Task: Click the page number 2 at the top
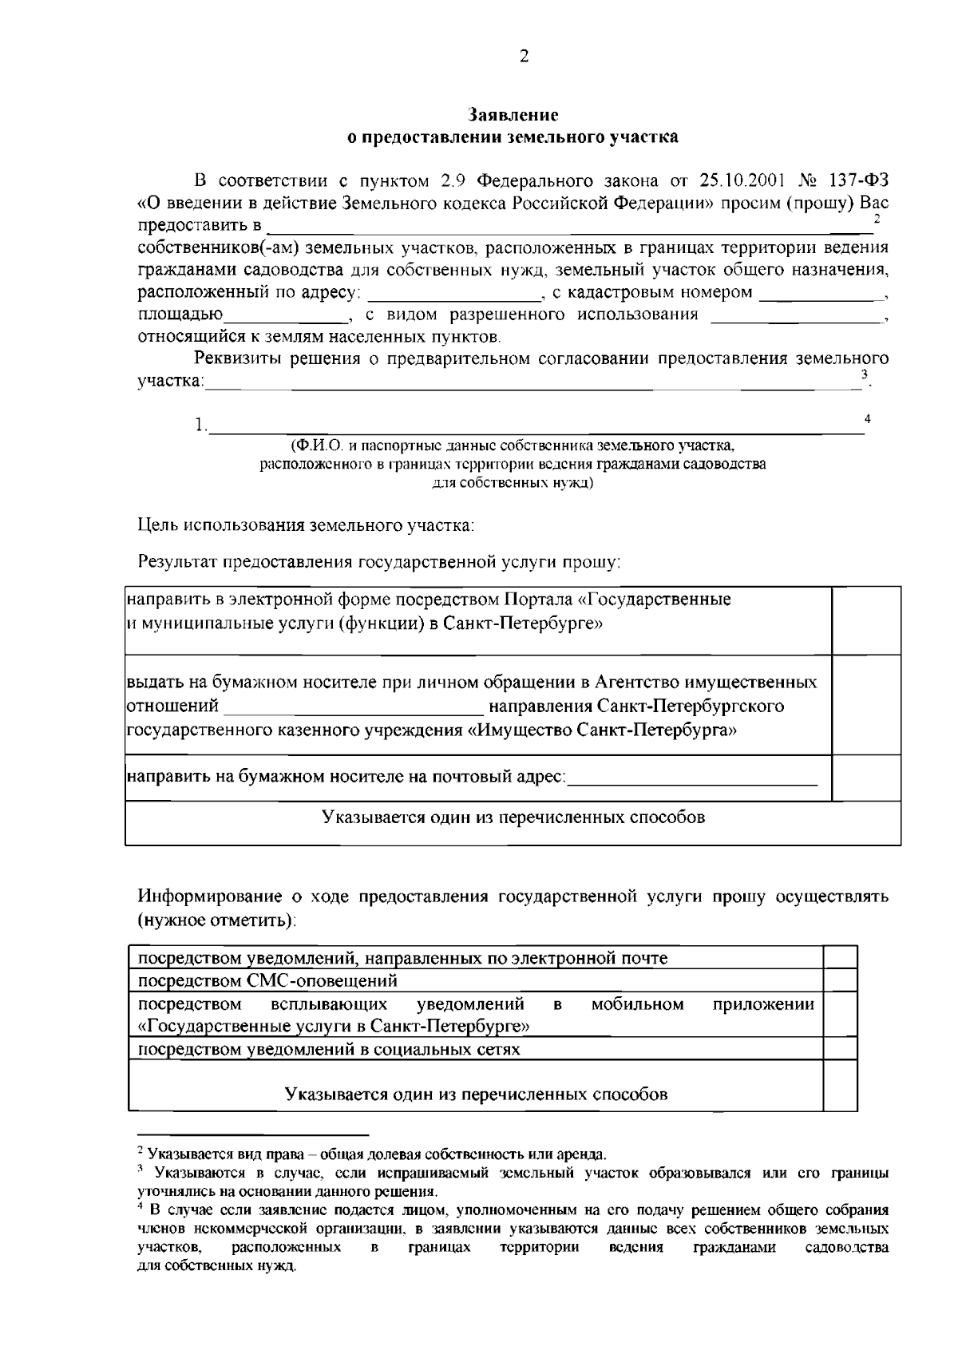pyautogui.click(x=524, y=57)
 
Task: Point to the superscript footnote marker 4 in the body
pyautogui.click(x=868, y=418)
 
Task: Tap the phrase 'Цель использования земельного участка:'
pyautogui.click(x=307, y=526)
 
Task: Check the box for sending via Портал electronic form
pyautogui.click(x=866, y=620)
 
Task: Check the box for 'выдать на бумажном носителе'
pyautogui.click(x=866, y=705)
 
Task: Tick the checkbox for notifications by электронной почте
pyautogui.click(x=840, y=957)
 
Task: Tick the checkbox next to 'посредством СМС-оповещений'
pyautogui.click(x=840, y=980)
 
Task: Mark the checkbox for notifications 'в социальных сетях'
pyautogui.click(x=840, y=1049)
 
